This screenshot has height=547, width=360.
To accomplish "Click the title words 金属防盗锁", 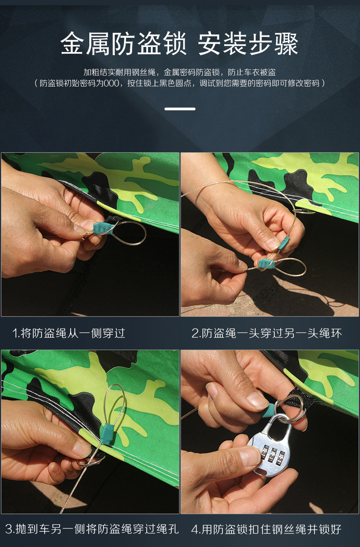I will click(x=123, y=45).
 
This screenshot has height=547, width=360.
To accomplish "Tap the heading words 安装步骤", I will click(x=248, y=45).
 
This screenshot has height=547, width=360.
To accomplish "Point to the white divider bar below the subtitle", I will click(x=180, y=109).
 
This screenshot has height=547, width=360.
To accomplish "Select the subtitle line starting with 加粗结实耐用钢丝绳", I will click(x=180, y=72).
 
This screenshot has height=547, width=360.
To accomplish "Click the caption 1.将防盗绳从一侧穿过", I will click(x=68, y=333).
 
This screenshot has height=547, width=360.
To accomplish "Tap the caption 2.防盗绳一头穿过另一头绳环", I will click(x=266, y=333).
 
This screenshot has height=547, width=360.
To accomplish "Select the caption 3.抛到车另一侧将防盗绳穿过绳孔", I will click(x=92, y=529).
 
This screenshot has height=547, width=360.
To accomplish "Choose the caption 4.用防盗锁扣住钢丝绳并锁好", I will click(x=266, y=529).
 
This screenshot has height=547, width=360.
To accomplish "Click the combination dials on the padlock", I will click(x=273, y=454).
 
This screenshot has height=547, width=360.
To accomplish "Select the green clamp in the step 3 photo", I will click(x=106, y=429).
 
